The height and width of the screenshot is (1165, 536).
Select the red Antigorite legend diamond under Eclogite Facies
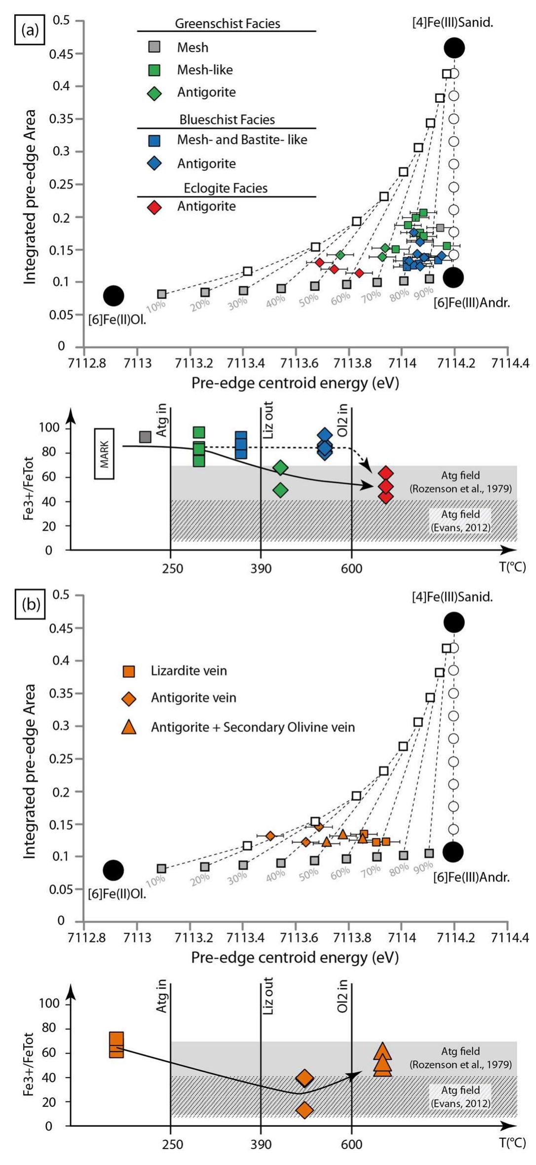(x=154, y=207)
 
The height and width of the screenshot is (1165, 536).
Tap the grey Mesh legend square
(x=154, y=47)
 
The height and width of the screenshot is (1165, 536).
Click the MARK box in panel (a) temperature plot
(x=104, y=454)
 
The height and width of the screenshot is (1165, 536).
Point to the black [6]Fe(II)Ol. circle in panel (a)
(x=114, y=296)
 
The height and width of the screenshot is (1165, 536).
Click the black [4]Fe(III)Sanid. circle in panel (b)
(x=454, y=622)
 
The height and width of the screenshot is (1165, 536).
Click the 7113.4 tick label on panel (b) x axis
(x=243, y=937)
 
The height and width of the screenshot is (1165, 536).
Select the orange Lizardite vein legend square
(x=128, y=671)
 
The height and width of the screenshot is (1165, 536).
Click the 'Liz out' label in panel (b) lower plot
(x=268, y=996)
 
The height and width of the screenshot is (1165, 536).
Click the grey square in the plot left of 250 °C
(x=145, y=437)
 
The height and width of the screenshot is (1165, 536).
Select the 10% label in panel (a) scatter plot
(x=156, y=306)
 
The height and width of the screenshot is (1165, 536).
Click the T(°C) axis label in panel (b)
(x=512, y=1142)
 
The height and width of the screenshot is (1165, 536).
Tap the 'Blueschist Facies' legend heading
(x=227, y=119)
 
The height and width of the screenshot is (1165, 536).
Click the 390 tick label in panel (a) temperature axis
(x=261, y=568)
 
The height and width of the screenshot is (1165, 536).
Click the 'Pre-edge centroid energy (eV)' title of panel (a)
(x=295, y=383)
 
